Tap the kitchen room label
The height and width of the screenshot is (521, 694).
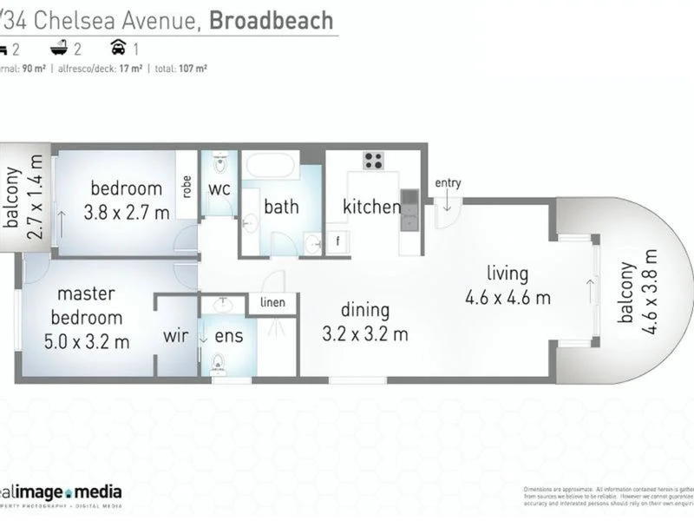pos(371,207)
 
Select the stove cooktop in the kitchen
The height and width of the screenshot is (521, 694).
pos(374,161)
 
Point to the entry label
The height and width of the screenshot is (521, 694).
pos(448,182)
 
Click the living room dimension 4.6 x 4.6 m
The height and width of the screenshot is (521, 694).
pos(507,298)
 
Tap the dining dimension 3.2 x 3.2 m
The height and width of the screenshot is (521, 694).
pos(365,333)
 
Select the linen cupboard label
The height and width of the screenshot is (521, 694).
pos(272,302)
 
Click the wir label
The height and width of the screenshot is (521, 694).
pos(176,336)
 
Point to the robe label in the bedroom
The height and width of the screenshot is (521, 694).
pos(187,187)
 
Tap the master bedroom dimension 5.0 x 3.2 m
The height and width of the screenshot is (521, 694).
pos(87,341)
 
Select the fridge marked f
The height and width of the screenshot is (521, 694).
pos(337,242)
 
